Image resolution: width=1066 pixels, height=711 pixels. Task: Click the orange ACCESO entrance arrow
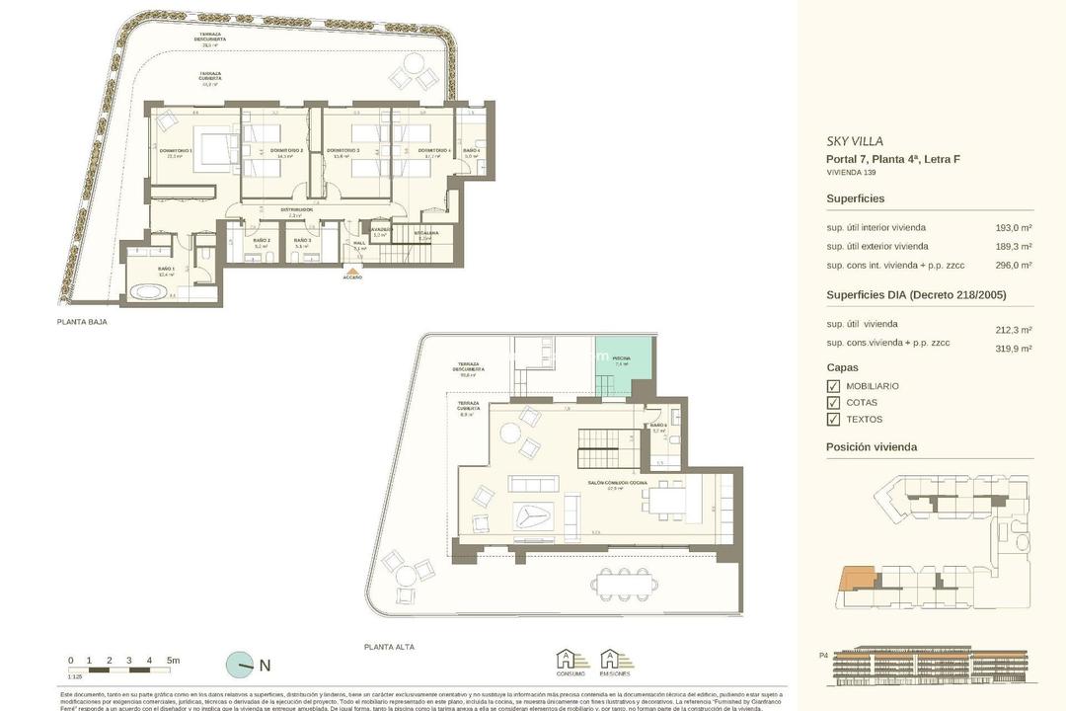coord(352,268)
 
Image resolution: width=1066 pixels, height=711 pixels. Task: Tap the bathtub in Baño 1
coord(151,292)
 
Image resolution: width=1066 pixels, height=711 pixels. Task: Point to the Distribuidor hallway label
coord(296,210)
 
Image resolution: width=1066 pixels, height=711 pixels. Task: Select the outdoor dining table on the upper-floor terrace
coord(623,585)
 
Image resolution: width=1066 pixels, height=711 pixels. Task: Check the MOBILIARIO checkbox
coord(832,386)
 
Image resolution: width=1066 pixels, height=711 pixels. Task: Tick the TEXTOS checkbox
coord(832,420)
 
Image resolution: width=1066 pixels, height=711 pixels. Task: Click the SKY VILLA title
coord(855,141)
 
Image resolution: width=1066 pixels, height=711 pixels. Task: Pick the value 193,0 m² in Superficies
coord(1014,228)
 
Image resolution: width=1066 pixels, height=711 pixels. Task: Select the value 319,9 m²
coord(1014,349)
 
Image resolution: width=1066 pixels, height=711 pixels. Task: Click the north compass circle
coord(239,665)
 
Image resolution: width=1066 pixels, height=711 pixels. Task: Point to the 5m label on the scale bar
coord(173,661)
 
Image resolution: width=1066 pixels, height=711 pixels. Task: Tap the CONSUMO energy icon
coord(571,661)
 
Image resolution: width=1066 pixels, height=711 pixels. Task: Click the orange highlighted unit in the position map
coord(856,578)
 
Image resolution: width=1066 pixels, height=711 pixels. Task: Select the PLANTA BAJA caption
coord(83,322)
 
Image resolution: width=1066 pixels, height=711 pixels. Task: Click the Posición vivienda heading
coord(872,447)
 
